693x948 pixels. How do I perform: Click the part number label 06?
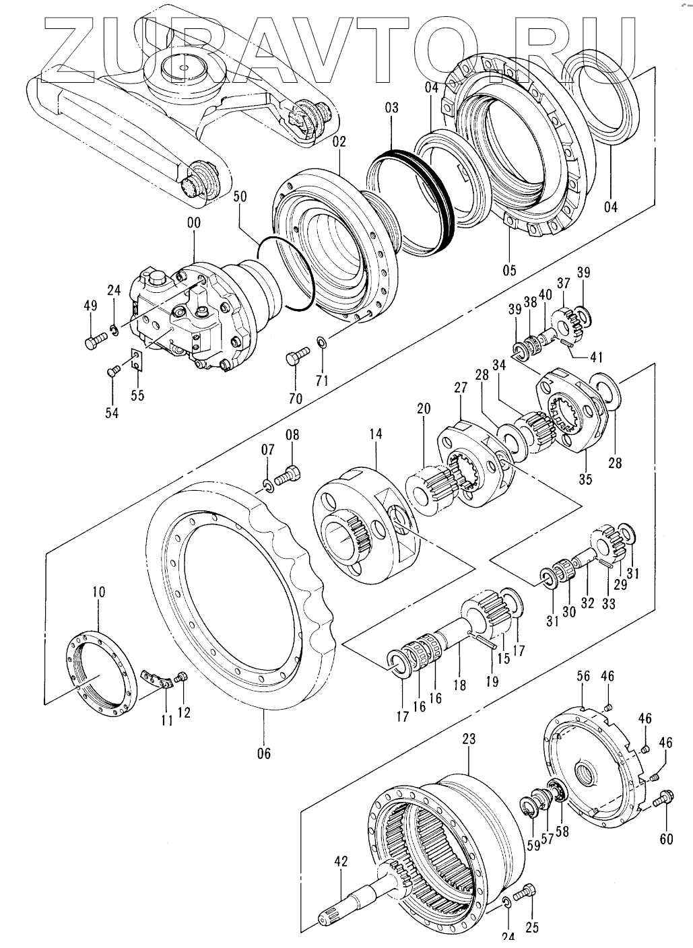[x=263, y=753]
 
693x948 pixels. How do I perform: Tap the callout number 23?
[x=469, y=739]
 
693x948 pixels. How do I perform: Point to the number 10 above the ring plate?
[x=99, y=592]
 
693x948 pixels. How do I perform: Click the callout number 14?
[x=375, y=434]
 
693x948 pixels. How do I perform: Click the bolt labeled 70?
[x=297, y=355]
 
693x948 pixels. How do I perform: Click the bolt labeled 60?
[x=664, y=798]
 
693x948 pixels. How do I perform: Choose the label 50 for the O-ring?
[x=240, y=197]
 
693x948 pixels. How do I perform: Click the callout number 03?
[x=391, y=108]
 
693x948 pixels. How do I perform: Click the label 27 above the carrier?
[x=460, y=388]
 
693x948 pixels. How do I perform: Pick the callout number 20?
[x=423, y=409]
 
